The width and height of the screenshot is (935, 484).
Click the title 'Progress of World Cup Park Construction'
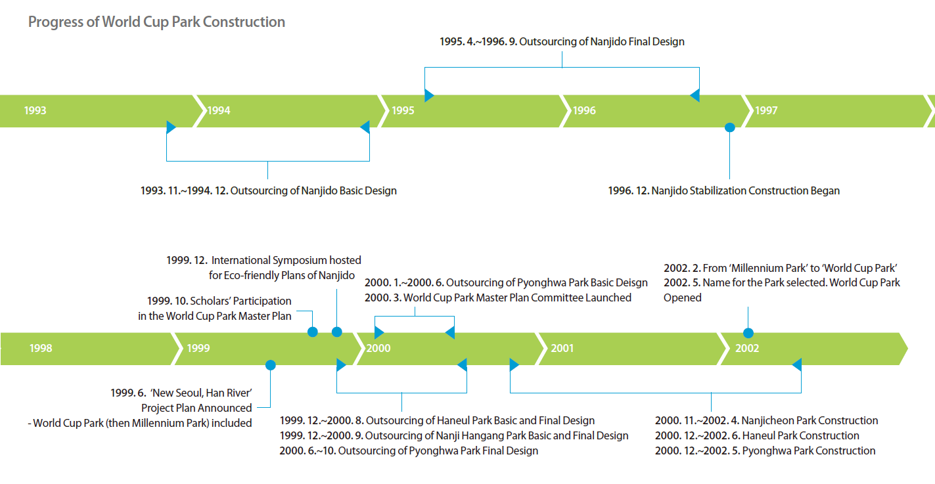pyautogui.click(x=156, y=22)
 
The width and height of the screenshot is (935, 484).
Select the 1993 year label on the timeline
pyautogui.click(x=35, y=110)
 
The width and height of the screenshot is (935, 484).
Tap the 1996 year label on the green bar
pyautogui.click(x=584, y=110)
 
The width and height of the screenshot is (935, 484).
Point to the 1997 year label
pyautogui.click(x=766, y=110)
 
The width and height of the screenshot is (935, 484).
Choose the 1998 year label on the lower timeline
pyautogui.click(x=41, y=349)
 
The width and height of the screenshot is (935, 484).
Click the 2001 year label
pyautogui.click(x=562, y=349)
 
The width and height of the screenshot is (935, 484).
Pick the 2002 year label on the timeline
pyautogui.click(x=747, y=349)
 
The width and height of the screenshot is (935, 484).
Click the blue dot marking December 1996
pyautogui.click(x=729, y=127)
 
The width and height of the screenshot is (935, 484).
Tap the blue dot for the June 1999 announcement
pyautogui.click(x=271, y=366)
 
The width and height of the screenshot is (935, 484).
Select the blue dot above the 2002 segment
pyautogui.click(x=748, y=333)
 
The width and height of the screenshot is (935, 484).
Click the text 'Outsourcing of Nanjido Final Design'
pyautogui.click(x=602, y=42)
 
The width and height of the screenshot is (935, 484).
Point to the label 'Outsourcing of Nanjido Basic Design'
pyautogui.click(x=313, y=190)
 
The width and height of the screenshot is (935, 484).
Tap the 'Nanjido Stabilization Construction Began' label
pyautogui.click(x=746, y=190)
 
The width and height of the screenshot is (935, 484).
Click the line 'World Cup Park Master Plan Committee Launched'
pyautogui.click(x=517, y=298)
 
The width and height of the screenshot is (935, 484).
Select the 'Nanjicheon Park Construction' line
pyautogui.click(x=810, y=420)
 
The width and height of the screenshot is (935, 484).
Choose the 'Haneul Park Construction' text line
pyautogui.click(x=800, y=435)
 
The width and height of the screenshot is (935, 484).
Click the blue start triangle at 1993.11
pyautogui.click(x=171, y=127)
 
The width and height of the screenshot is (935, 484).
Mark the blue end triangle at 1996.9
pyautogui.click(x=695, y=95)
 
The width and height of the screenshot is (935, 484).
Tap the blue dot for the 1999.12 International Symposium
pyautogui.click(x=337, y=332)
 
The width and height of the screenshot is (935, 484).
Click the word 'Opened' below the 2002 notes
pyautogui.click(x=683, y=298)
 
